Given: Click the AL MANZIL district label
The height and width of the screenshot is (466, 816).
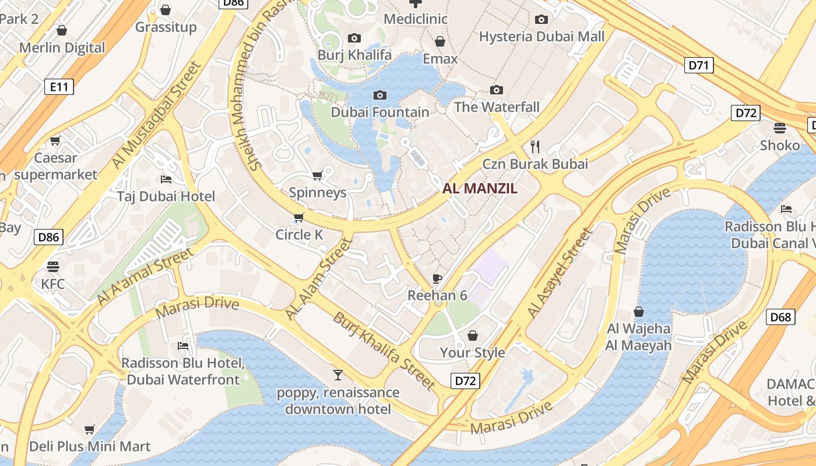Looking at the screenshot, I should tap(480, 188).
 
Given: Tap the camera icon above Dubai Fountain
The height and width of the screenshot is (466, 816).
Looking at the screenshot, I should tap(380, 95).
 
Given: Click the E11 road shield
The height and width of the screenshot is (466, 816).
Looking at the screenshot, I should tap(59, 87).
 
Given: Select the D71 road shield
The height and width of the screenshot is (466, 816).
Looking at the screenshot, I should tap(698, 65).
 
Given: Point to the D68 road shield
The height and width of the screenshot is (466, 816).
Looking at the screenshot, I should tap(780, 317).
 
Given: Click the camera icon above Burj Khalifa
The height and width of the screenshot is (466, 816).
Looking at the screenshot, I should tap(354, 38).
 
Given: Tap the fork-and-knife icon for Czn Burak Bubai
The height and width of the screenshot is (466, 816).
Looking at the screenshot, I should tap(536, 146).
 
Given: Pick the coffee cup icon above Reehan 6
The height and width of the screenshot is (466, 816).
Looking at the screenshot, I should tap(437, 278).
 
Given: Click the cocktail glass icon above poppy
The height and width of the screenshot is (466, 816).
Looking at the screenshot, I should tap(338, 375).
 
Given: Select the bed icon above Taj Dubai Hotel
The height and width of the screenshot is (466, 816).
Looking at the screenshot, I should tap(166, 179).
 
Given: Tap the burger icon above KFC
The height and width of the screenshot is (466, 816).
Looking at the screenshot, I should tap(53, 267).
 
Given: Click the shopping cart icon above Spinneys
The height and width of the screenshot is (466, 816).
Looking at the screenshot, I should tap(318, 175).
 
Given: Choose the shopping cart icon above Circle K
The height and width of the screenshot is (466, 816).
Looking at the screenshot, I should tap(299, 218).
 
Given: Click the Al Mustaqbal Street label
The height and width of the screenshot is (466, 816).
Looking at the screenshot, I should tap(156, 115).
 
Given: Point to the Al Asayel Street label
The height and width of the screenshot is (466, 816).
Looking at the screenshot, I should tap(560, 273).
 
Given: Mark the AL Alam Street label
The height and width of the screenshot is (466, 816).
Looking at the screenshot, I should tap(319, 278).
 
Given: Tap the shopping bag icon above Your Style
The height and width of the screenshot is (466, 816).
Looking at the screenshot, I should tap(473, 336).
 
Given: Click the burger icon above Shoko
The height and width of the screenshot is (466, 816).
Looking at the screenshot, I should tap(780, 128).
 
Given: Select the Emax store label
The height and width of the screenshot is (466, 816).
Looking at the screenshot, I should tap(440, 59).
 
